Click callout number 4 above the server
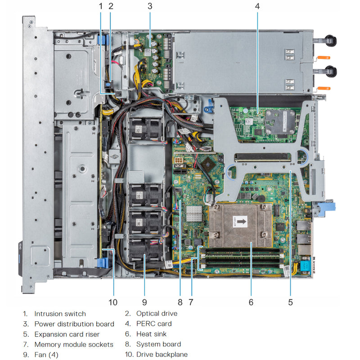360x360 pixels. pos(257,6)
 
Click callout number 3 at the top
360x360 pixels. pos(150,6)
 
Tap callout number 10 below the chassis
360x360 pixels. pos(112,302)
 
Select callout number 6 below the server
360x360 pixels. pos(251,302)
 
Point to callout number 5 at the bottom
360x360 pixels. pos(290,302)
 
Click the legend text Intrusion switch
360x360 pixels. pos(60,314)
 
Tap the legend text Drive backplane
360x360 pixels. pos(162,355)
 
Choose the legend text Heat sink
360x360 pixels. pos(152,334)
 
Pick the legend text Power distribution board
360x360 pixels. pos(74,324)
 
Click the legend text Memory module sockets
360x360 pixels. pos(74,345)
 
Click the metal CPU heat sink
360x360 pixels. pos(240,225)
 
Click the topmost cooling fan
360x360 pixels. pos(145,127)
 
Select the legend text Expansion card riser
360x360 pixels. pos(67,334)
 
